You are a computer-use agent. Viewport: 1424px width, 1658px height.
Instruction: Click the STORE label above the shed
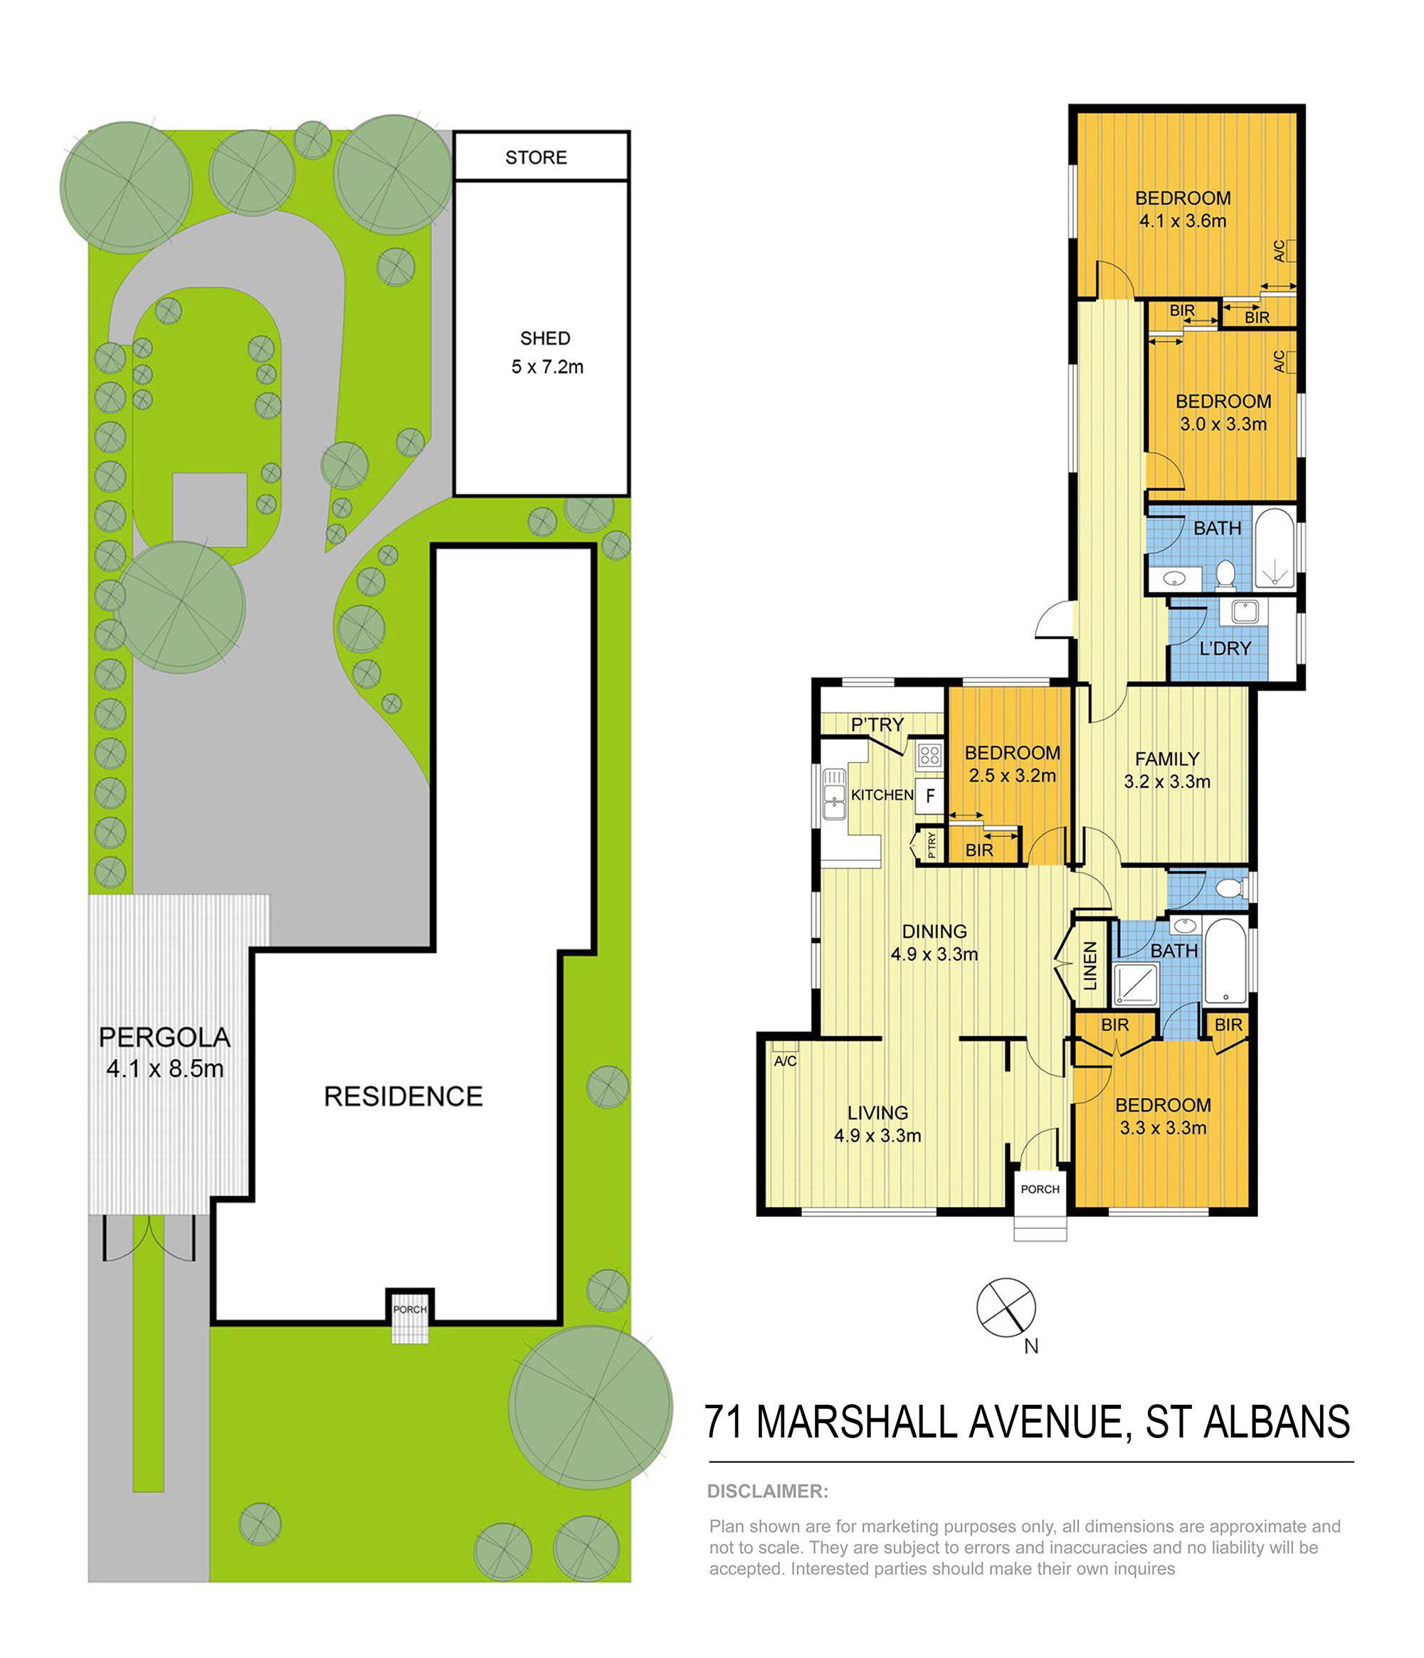tap(535, 158)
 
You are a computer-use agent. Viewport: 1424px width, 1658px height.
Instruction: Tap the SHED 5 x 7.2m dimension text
tap(547, 367)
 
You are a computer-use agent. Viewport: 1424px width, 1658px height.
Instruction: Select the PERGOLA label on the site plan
tap(164, 1037)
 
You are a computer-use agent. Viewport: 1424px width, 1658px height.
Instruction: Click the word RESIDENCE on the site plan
tap(403, 1097)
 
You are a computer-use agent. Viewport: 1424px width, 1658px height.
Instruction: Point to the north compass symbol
tap(1006, 1307)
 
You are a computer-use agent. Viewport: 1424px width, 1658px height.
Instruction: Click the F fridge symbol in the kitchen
tap(929, 796)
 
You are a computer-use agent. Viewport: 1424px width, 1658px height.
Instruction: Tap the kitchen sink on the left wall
tap(834, 795)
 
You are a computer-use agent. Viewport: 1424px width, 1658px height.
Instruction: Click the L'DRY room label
tap(1225, 648)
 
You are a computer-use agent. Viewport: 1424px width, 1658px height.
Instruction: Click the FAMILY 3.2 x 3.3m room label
tap(1166, 770)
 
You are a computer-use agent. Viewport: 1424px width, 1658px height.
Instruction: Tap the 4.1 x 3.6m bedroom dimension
tap(1182, 221)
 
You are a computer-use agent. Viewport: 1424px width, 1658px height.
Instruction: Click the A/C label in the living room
tap(785, 1061)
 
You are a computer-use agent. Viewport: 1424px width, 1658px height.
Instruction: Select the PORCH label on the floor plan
tap(1040, 1189)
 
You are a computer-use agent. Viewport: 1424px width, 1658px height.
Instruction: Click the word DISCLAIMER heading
tap(767, 1491)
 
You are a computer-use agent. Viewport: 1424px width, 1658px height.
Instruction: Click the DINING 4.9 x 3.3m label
tap(934, 943)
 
